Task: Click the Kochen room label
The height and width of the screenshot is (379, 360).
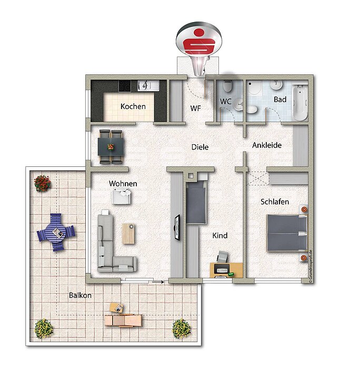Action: pos(133,106)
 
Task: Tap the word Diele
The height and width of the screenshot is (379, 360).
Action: pos(200,147)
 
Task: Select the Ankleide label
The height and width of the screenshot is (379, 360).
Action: pos(267,145)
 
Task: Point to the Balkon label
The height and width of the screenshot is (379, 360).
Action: pos(80,295)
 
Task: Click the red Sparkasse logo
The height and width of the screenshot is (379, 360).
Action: pos(198,41)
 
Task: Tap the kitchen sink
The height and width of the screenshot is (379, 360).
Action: pos(148,86)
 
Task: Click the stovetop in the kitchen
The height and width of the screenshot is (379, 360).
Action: pos(125,86)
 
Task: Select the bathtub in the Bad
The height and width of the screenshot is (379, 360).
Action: pos(299,103)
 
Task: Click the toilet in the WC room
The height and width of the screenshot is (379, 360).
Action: pos(227,86)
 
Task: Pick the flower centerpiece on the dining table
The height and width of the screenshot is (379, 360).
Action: pos(111,147)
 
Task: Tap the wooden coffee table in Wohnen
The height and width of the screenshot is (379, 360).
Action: pos(128,234)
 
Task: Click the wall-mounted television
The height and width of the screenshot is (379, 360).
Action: pos(177,227)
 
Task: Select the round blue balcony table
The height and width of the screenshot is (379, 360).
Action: pos(56,233)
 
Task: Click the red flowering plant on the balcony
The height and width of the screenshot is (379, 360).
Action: pos(42,183)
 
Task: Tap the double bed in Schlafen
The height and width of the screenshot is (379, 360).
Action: pos(287,233)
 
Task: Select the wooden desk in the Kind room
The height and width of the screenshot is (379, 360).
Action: pos(226,270)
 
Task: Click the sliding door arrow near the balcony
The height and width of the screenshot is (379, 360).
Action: pos(158,282)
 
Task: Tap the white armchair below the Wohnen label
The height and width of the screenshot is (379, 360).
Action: pos(121,196)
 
